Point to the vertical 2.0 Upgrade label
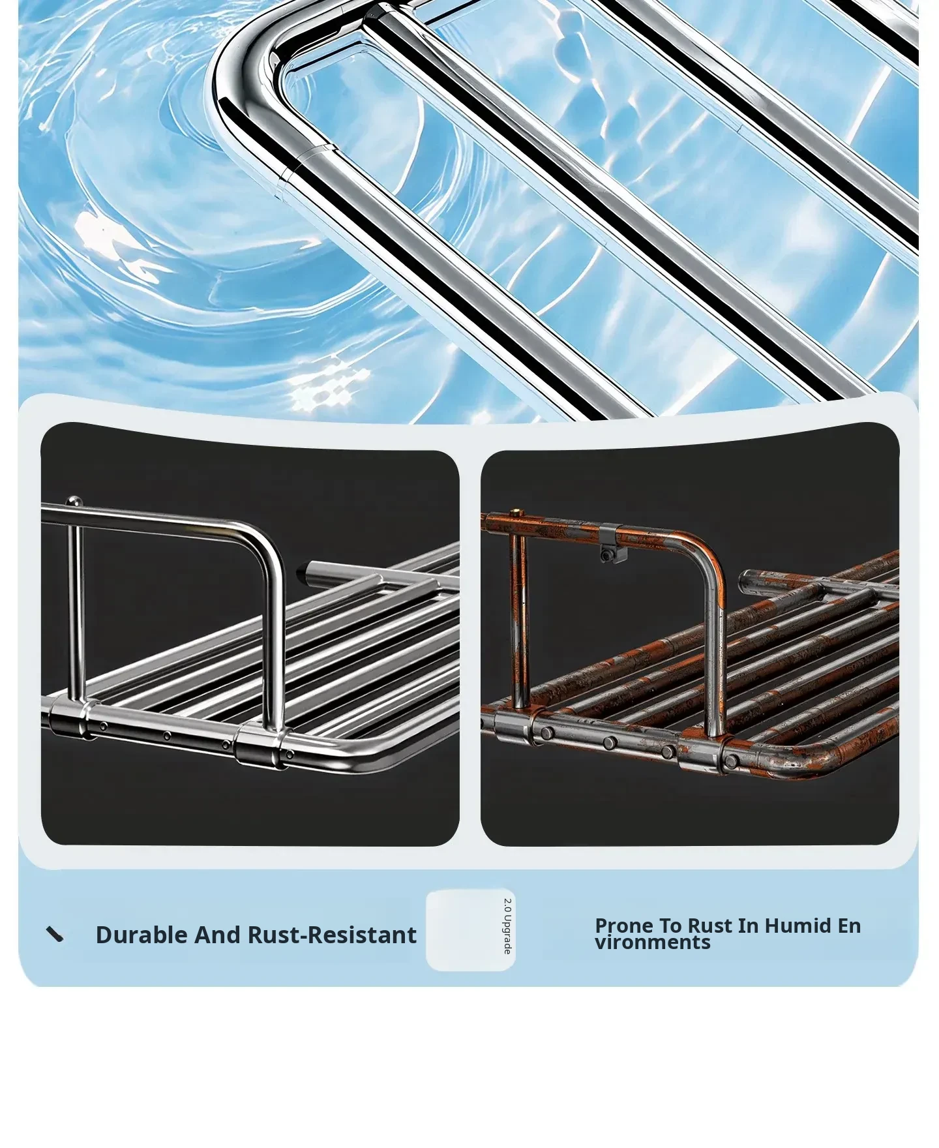pyautogui.click(x=507, y=926)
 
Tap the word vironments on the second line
pyautogui.click(x=652, y=942)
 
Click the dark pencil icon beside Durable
pyautogui.click(x=55, y=935)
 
